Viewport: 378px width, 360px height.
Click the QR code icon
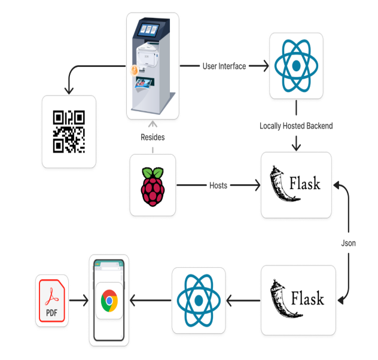coord(69,132)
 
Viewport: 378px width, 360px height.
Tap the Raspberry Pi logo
coord(153,185)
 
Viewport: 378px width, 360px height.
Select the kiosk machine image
coord(153,66)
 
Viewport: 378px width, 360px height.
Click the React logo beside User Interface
coord(296,66)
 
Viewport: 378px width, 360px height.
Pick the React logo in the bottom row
coord(198,300)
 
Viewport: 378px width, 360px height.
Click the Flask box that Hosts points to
coord(296,185)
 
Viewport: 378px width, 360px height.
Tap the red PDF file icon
coord(52,300)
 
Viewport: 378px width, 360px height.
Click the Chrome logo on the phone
coord(109,300)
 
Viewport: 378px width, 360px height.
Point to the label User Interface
coord(224,66)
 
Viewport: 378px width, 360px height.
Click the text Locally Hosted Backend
coord(296,126)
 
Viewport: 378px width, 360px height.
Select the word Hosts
coord(218,185)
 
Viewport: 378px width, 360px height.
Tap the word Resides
coord(153,138)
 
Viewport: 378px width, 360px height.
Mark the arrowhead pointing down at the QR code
coord(69,90)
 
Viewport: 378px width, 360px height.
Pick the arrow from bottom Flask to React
coord(242,300)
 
